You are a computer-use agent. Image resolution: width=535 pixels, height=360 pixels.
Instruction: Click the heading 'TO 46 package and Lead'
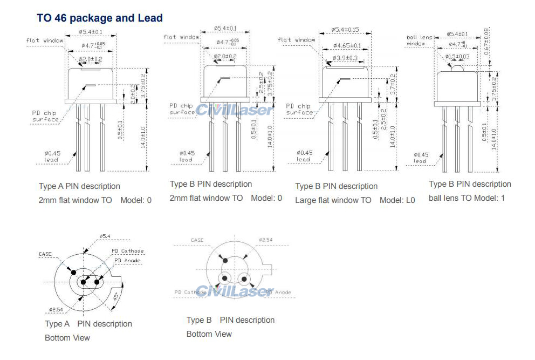point(99,18)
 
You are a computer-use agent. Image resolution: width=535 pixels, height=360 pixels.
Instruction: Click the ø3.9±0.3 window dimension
point(346,58)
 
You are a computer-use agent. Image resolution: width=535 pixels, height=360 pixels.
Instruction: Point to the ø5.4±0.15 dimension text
point(345,30)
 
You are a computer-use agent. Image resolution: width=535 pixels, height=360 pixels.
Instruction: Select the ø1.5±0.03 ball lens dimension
point(457,56)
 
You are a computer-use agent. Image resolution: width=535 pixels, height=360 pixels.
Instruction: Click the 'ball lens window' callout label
point(419,40)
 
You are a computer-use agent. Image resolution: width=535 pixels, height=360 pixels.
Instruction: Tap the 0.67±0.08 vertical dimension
point(486,41)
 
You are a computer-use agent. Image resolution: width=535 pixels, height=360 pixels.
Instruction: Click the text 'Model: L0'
point(397,200)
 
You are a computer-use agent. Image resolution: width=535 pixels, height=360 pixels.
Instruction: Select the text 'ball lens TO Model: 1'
point(467,198)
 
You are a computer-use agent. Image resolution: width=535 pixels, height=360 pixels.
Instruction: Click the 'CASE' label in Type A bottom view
point(45,254)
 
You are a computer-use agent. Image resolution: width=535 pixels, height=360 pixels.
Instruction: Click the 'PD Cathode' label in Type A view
point(128,251)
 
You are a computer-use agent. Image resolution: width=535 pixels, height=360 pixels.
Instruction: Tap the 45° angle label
point(115,297)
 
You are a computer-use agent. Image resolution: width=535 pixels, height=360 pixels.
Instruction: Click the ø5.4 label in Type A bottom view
point(105,236)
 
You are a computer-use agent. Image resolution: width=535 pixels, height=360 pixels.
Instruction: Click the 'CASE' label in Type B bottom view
point(197,240)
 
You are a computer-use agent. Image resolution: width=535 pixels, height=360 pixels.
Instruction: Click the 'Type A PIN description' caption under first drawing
point(79,186)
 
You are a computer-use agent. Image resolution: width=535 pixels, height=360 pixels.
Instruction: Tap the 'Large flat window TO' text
point(333,200)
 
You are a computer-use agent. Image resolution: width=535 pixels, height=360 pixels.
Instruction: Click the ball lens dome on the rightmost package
point(456,67)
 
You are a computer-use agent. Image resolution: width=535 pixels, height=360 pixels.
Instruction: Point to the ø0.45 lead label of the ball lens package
point(421,158)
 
